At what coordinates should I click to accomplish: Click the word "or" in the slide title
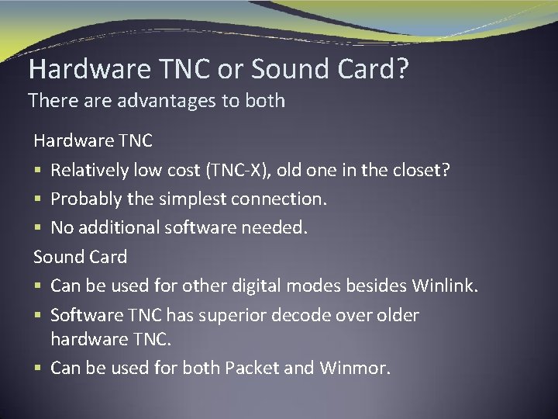(x=231, y=70)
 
